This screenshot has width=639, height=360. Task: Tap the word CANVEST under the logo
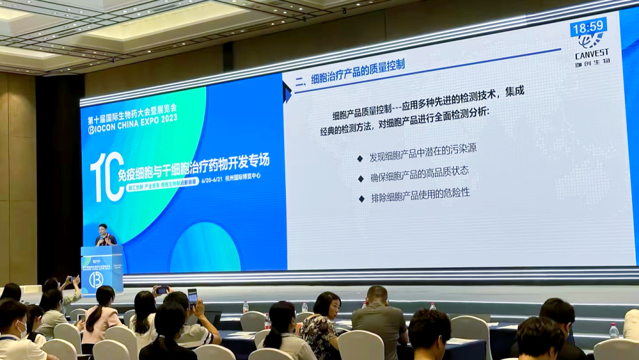pyautogui.click(x=592, y=52)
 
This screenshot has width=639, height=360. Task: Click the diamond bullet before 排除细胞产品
pyautogui.click(x=361, y=198)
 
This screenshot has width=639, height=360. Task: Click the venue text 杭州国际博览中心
pyautogui.click(x=243, y=176)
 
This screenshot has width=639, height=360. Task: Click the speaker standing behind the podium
pyautogui.click(x=105, y=235)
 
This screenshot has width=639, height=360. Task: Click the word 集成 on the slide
pyautogui.click(x=514, y=92)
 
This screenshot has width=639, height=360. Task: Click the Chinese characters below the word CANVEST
pyautogui.click(x=592, y=62)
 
